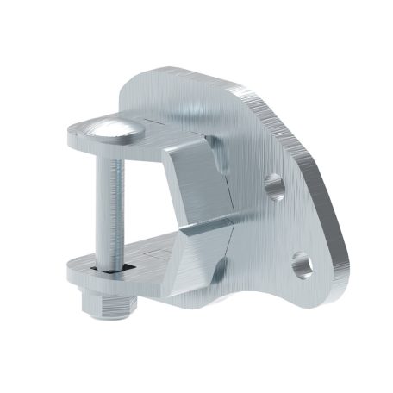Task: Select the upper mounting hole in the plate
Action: [274, 184]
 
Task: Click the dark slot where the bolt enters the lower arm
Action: [110, 270]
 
